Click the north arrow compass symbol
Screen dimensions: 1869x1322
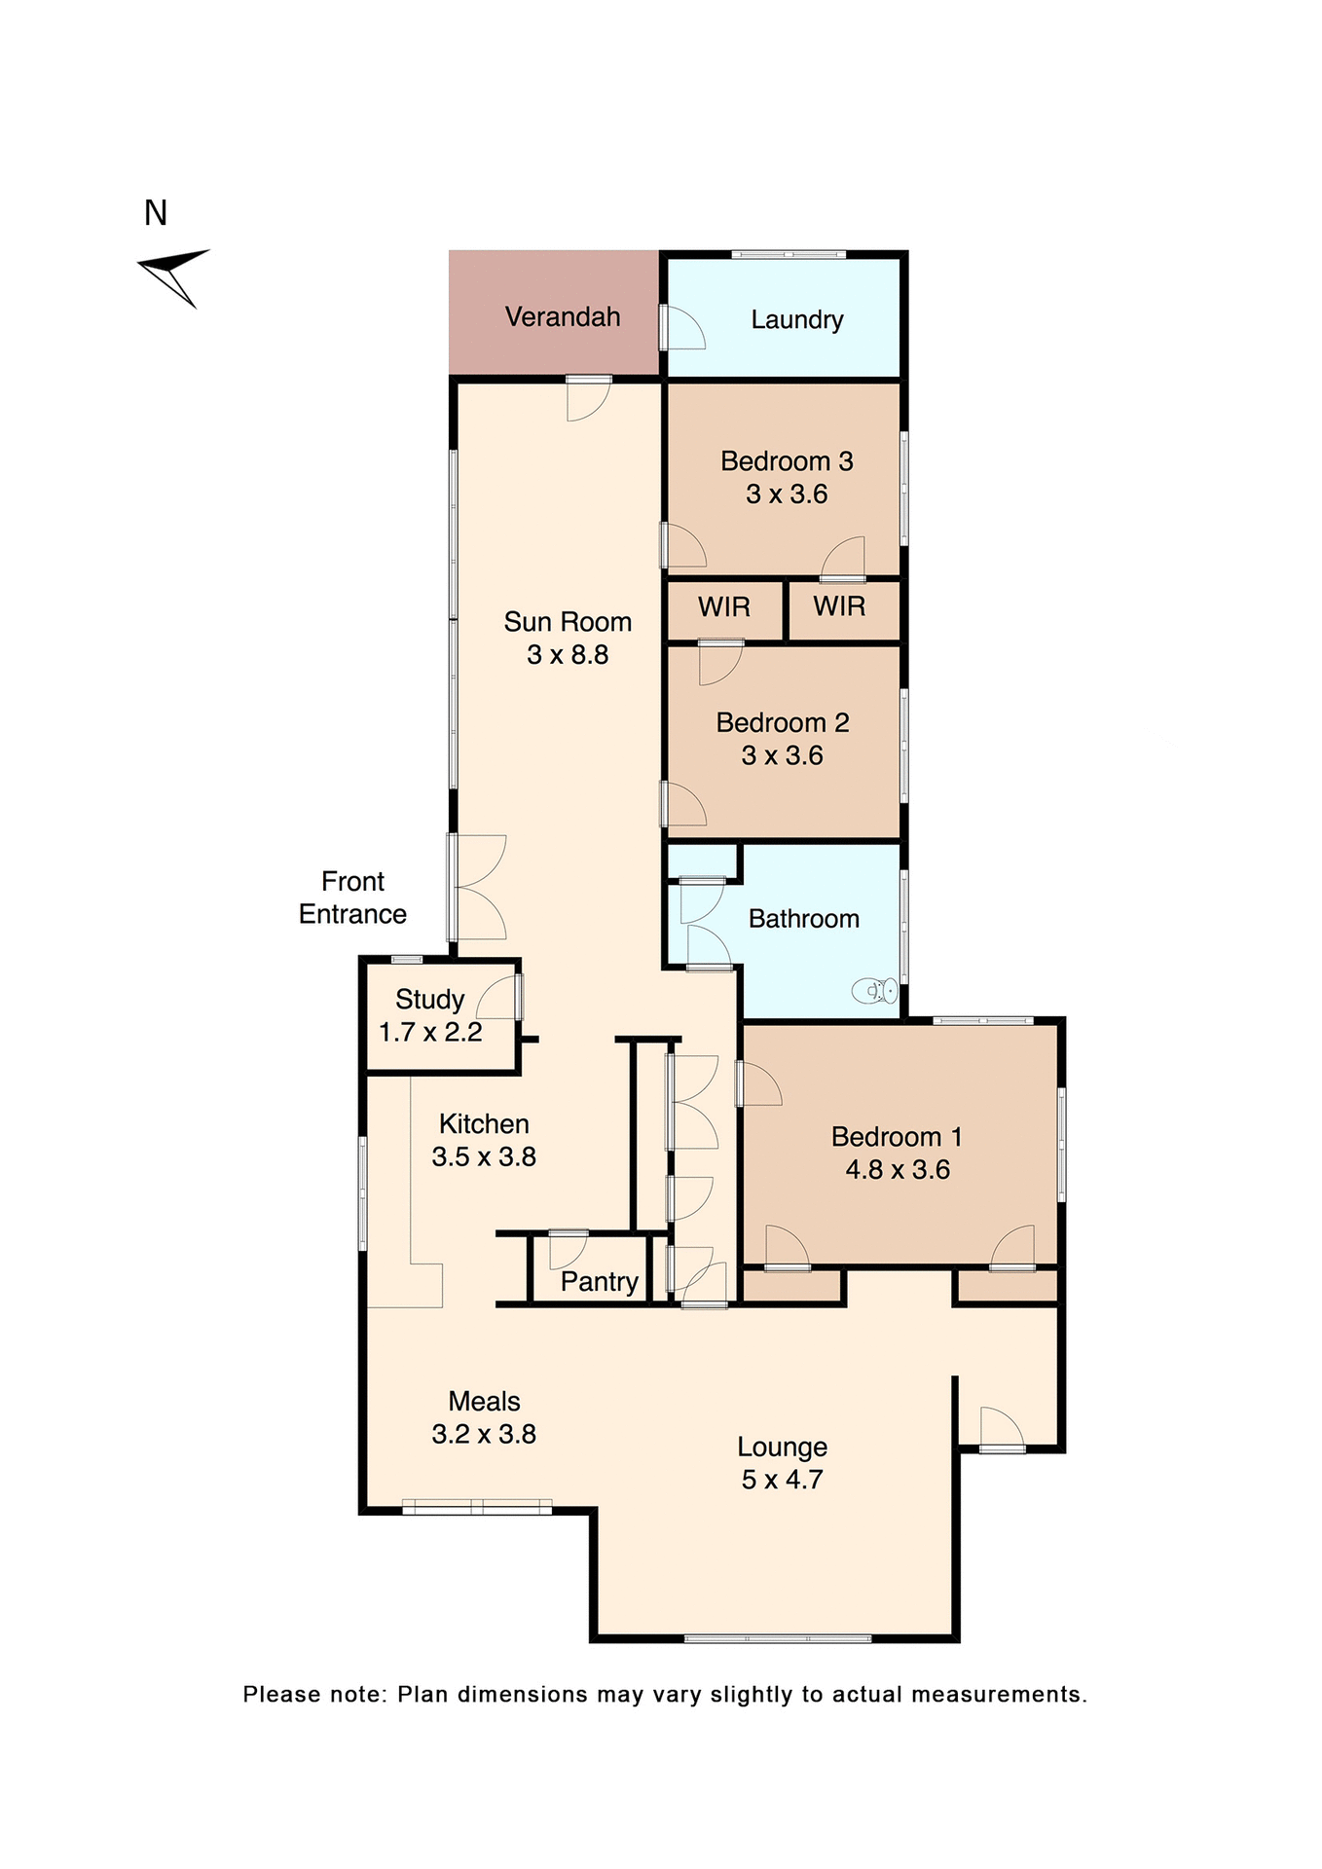click(x=175, y=274)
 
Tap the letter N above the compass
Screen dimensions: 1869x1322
click(x=156, y=213)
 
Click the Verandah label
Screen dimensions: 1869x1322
click(x=563, y=317)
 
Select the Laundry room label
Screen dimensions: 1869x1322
click(x=796, y=320)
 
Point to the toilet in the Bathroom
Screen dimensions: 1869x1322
click(x=874, y=991)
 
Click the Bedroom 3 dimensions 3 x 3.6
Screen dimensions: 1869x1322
click(x=787, y=495)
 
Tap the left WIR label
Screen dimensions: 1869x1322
click(x=724, y=607)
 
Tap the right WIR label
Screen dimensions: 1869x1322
click(x=839, y=606)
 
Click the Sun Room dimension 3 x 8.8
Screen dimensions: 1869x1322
click(x=568, y=655)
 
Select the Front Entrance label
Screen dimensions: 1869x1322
click(x=352, y=898)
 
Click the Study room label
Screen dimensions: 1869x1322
click(x=429, y=1000)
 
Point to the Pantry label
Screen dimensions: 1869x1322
click(x=599, y=1282)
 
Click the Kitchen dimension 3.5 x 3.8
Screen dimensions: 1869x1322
click(x=484, y=1157)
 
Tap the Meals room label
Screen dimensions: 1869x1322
click(x=484, y=1402)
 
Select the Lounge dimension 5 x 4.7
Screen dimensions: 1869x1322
click(x=782, y=1480)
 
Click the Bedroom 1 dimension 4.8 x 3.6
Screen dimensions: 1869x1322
click(x=897, y=1170)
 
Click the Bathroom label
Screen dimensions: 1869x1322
click(x=803, y=919)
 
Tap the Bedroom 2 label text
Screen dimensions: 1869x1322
click(x=782, y=723)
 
